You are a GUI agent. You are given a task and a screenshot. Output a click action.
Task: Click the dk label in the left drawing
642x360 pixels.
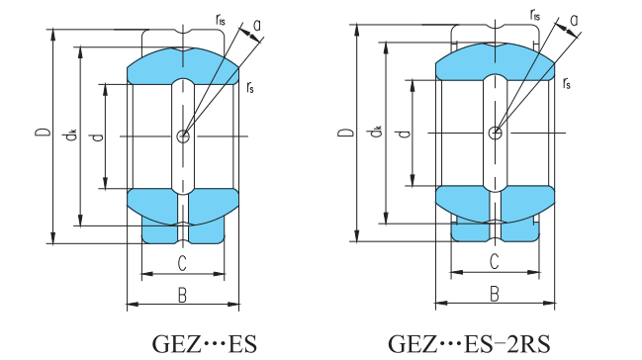[x=71, y=135]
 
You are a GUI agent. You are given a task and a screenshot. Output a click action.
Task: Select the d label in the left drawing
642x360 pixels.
[x=98, y=136]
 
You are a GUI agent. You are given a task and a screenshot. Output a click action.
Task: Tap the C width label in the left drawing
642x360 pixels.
[x=182, y=263]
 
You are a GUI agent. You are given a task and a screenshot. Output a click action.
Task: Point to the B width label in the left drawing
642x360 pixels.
[x=183, y=295]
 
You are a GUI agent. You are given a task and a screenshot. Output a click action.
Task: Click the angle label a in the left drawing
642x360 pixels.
[x=257, y=26]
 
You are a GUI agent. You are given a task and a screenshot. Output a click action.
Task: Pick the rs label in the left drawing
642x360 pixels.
[x=250, y=87]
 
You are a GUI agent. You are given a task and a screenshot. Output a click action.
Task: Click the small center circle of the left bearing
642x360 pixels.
[x=183, y=135]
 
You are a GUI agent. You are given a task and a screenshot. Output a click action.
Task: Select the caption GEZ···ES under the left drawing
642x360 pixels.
[x=205, y=343]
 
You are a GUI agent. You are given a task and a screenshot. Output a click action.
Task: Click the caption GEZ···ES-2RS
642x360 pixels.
[x=469, y=343]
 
